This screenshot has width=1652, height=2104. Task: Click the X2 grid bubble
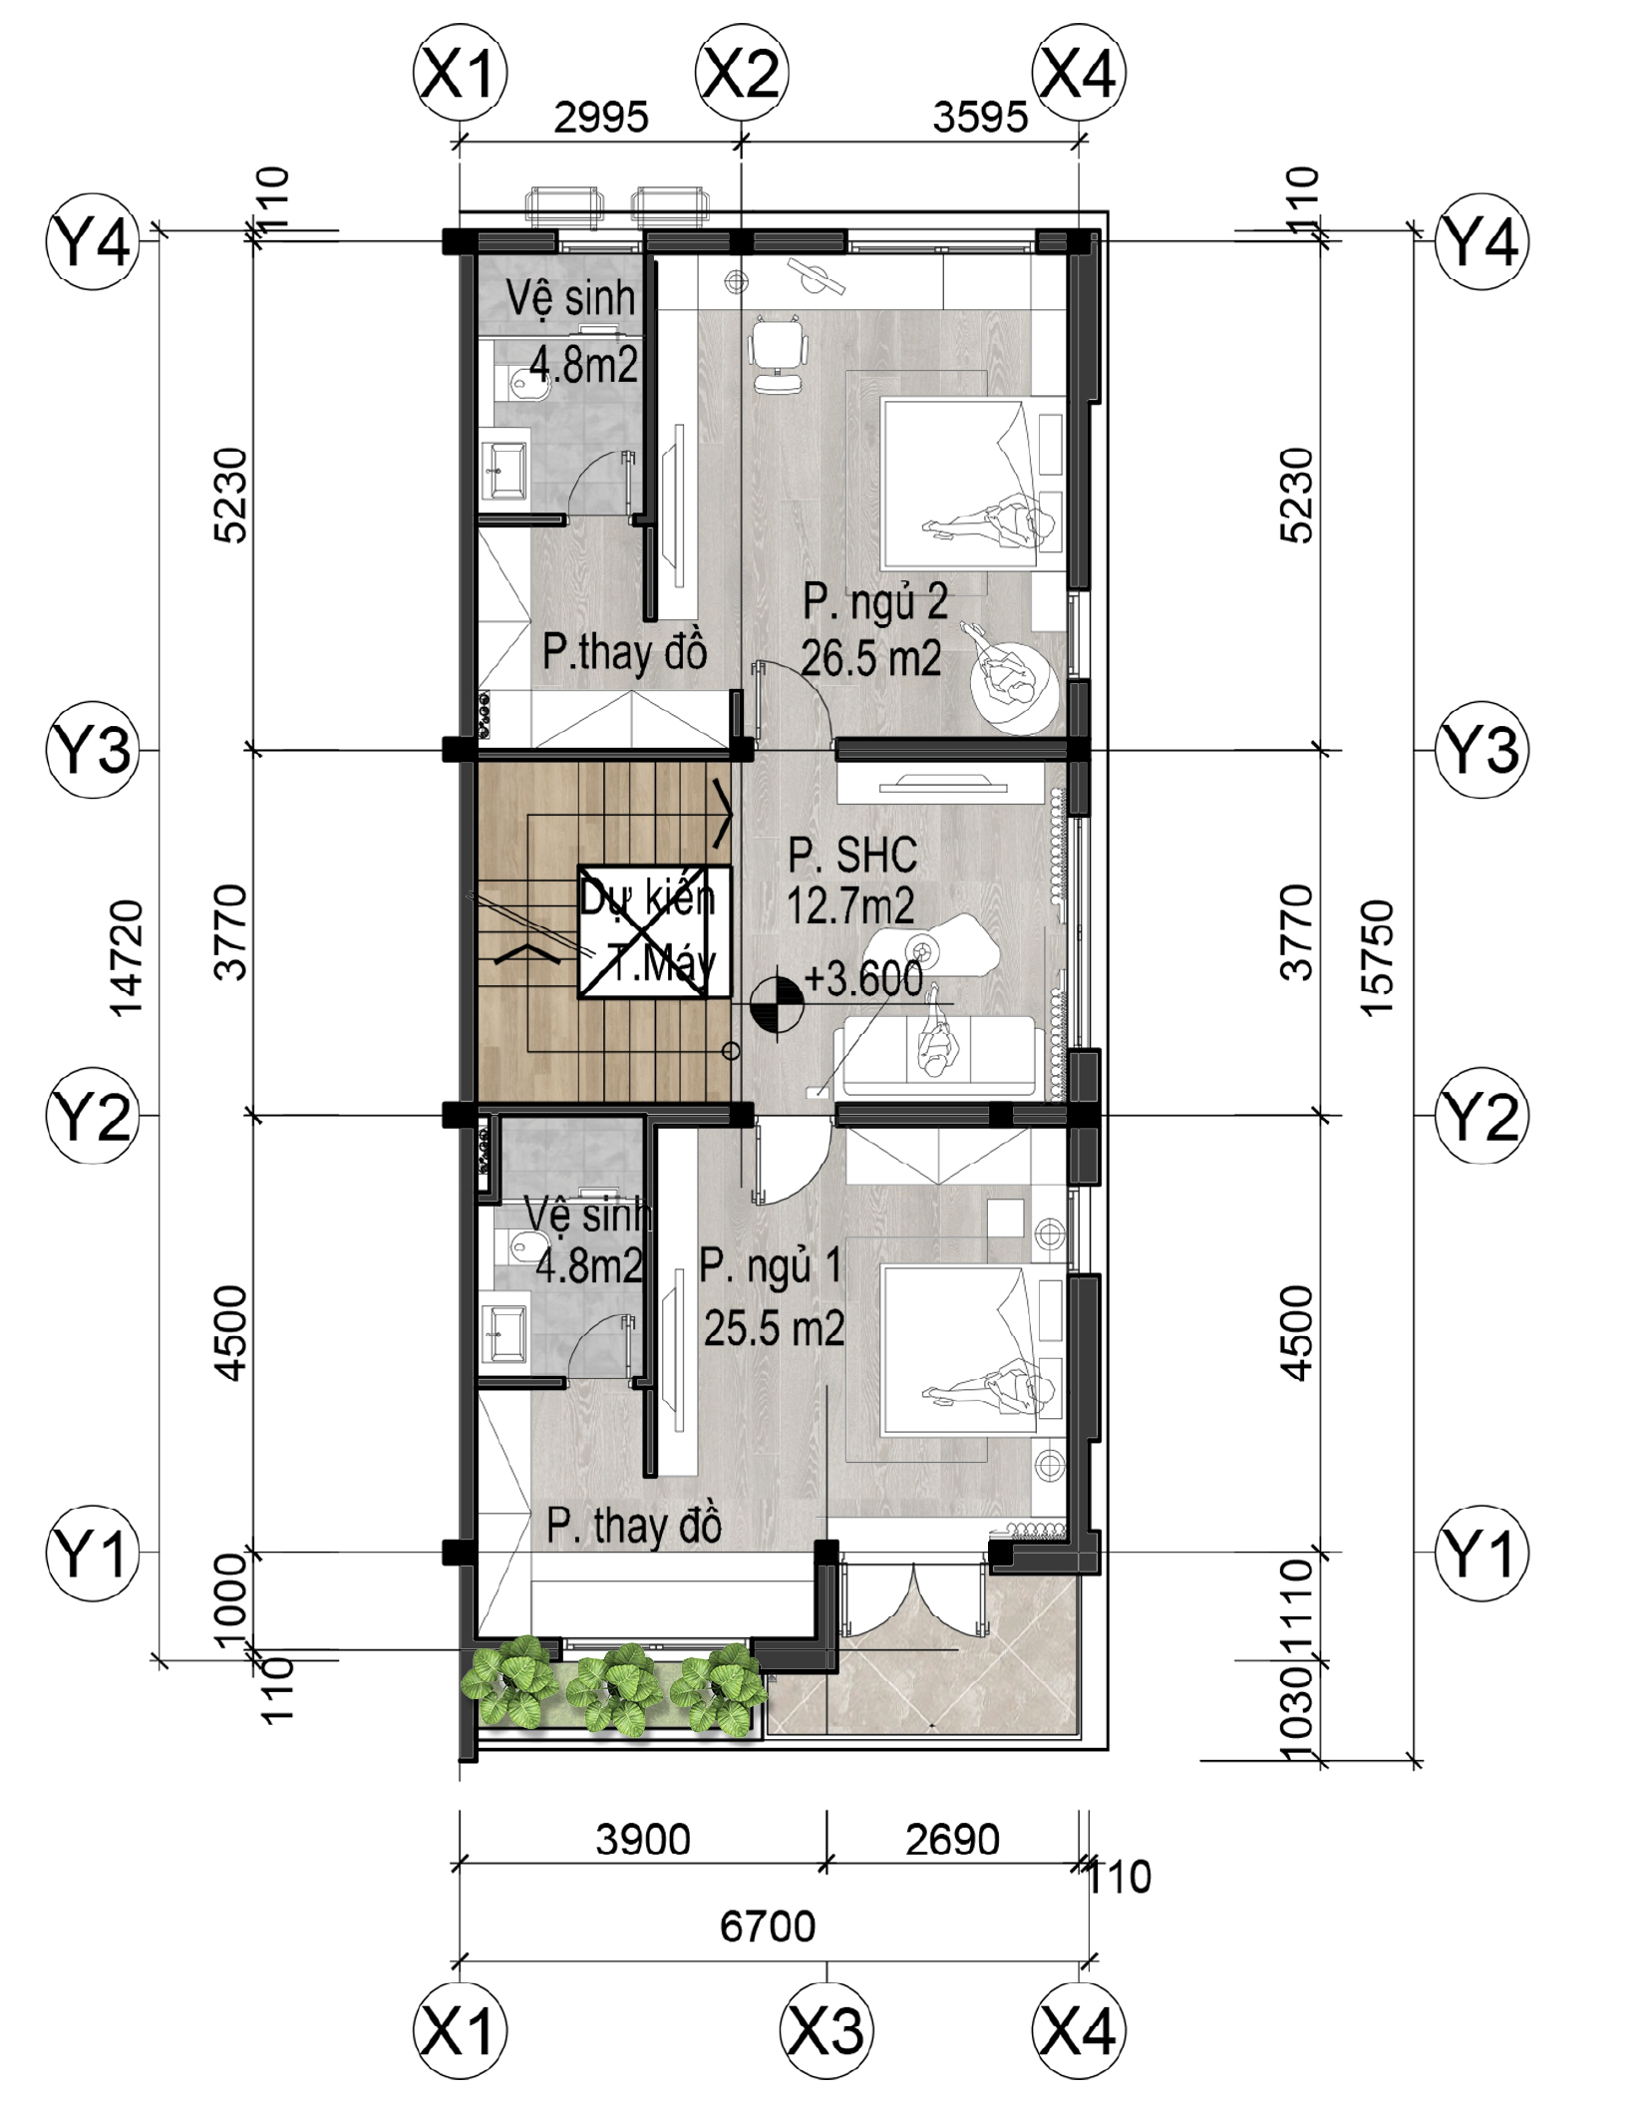coord(742,73)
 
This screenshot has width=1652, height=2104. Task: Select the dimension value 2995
coord(601,118)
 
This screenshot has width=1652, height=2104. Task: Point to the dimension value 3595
coord(980,118)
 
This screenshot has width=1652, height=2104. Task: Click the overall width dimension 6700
coord(768,1927)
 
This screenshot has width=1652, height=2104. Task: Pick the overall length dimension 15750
coord(1377,958)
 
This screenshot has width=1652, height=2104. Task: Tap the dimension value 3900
coord(643,1840)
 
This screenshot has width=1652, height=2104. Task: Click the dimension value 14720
coord(127,958)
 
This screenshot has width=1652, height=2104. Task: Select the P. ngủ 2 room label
coord(875,601)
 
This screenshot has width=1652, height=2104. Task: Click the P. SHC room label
coord(852,856)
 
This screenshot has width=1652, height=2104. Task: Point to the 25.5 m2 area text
coord(775,1328)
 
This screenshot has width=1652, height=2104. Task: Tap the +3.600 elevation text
coord(863,978)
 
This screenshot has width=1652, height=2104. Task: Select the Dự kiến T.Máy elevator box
coord(654,931)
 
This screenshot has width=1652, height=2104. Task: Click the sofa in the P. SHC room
coord(937,1057)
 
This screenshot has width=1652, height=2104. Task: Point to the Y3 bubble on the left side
coord(93,749)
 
